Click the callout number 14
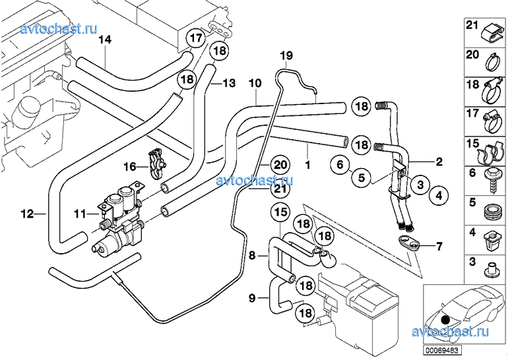(105, 40)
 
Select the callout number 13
(228, 84)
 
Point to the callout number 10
(255, 83)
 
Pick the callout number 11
(80, 214)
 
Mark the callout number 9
(251, 298)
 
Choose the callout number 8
(251, 253)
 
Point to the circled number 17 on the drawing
(196, 39)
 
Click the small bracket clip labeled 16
(156, 164)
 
